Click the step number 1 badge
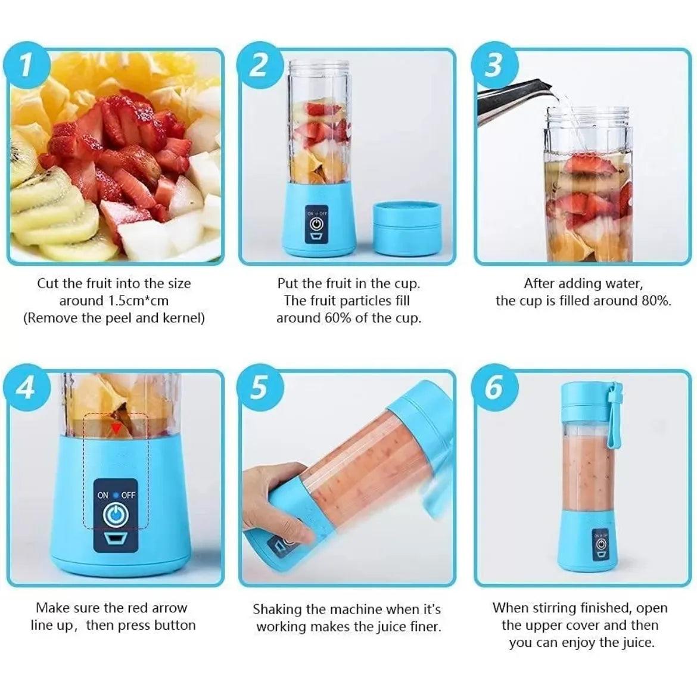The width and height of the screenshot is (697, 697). tap(26, 66)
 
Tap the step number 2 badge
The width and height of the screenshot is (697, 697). tap(260, 66)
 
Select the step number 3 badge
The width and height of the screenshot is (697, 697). tap(494, 66)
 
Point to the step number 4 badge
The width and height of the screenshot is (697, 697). tap(26, 387)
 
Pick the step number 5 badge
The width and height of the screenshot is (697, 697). tap(260, 387)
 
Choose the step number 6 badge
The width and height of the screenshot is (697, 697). tap(494, 387)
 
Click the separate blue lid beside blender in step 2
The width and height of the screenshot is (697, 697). tap(407, 228)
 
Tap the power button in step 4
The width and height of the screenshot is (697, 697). tap(116, 515)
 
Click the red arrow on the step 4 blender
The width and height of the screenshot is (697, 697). tap(116, 428)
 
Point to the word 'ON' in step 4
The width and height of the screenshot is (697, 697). tap(102, 494)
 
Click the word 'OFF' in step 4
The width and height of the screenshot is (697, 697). tap(128, 494)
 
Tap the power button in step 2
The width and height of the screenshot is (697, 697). tap(316, 224)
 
